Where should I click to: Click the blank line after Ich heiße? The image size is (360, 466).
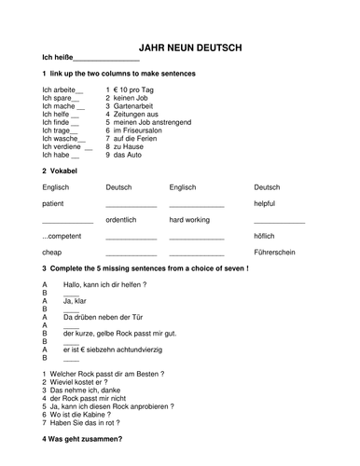[105, 59]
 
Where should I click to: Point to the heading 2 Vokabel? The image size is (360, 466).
[59, 171]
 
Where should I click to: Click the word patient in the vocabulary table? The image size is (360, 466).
[54, 202]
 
